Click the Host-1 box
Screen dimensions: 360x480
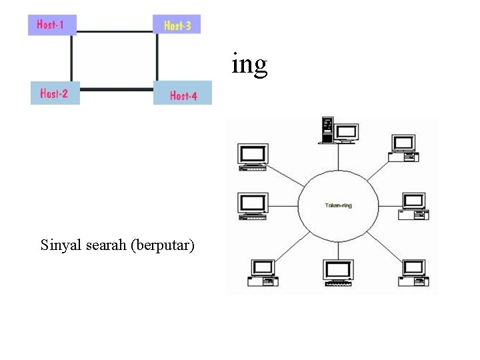click(x=51, y=25)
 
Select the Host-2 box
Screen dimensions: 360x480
click(x=54, y=93)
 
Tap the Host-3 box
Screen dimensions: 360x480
click(x=177, y=25)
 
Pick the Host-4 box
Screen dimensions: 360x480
click(x=183, y=95)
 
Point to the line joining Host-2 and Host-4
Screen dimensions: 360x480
click(x=116, y=89)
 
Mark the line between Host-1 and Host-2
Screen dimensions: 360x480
click(x=71, y=58)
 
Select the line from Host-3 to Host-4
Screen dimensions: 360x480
click(x=157, y=57)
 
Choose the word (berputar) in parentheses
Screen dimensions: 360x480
click(x=164, y=246)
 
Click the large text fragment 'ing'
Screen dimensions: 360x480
click(x=249, y=64)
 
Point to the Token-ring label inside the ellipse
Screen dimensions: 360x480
click(x=338, y=205)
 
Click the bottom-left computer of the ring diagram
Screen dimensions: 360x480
click(x=262, y=272)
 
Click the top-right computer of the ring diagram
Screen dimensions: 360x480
click(x=404, y=147)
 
